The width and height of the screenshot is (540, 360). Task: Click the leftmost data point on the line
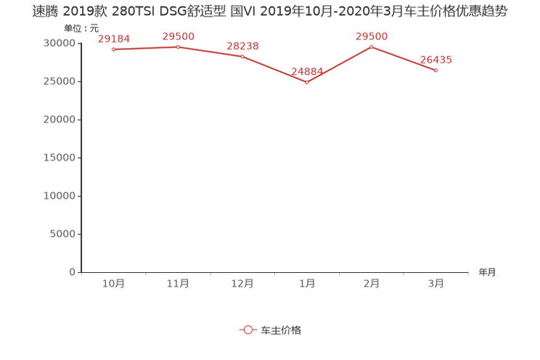tap(113, 49)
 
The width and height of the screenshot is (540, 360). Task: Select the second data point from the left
tap(178, 47)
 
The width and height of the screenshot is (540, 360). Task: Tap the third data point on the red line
tap(242, 57)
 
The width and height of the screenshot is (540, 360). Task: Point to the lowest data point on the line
tap(307, 82)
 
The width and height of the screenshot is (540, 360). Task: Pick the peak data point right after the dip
tap(372, 46)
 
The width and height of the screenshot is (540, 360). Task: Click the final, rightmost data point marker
tap(435, 70)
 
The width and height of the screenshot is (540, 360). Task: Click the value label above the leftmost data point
tap(113, 38)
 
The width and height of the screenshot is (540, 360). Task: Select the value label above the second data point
tap(178, 36)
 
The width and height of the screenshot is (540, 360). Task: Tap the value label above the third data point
tap(242, 46)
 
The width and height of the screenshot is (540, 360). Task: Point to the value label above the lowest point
tap(306, 71)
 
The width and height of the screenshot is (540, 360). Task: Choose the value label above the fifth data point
tap(372, 36)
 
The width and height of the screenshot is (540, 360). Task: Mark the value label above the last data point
tap(435, 60)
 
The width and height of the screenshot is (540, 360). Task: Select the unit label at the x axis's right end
tap(487, 273)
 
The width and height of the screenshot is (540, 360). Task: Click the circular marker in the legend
tap(248, 330)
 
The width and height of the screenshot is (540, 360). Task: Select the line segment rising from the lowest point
tap(339, 65)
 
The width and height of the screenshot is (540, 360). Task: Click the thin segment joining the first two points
tap(145, 49)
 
